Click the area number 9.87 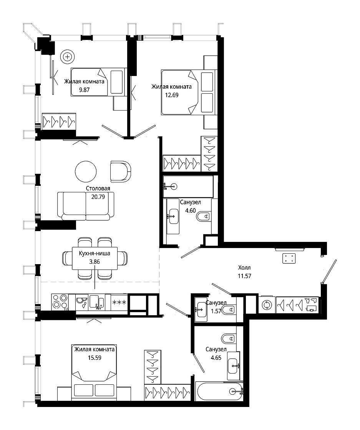[84, 90]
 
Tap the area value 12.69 [171, 95]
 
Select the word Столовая [98, 189]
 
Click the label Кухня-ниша [95, 253]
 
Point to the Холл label [244, 267]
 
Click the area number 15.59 [95, 357]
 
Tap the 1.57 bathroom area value [216, 311]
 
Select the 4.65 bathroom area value [216, 357]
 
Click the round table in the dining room [86, 171]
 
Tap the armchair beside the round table [121, 171]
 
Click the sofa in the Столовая [86, 206]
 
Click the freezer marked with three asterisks [119, 303]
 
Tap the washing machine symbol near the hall [267, 305]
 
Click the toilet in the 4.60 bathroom [204, 217]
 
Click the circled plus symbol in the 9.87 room [68, 57]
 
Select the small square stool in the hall [289, 258]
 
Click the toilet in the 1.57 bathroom [229, 310]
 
